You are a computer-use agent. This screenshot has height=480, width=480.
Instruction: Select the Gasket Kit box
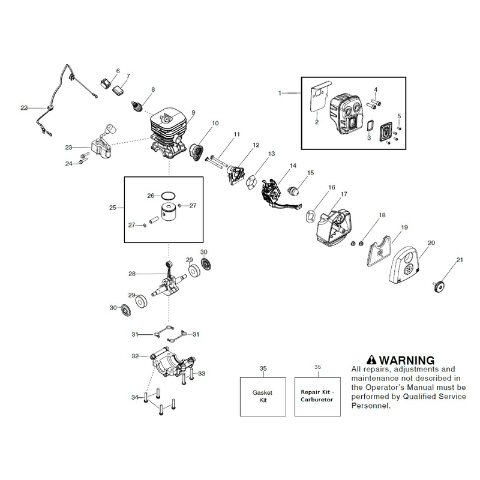click(263, 397)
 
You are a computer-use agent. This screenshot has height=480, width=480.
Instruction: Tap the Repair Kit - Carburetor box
click(317, 397)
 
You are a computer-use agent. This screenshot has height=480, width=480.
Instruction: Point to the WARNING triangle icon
click(371, 359)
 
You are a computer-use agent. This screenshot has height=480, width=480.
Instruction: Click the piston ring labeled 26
click(168, 196)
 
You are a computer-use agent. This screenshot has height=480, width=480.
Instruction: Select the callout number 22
click(24, 108)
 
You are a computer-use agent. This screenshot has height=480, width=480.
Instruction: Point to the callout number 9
click(193, 113)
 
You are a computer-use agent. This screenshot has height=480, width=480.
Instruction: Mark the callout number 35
click(263, 368)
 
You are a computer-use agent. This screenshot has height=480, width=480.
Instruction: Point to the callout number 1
click(280, 93)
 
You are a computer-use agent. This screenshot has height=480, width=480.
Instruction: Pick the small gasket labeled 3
click(371, 125)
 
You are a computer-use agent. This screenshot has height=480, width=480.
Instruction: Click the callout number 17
click(344, 194)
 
